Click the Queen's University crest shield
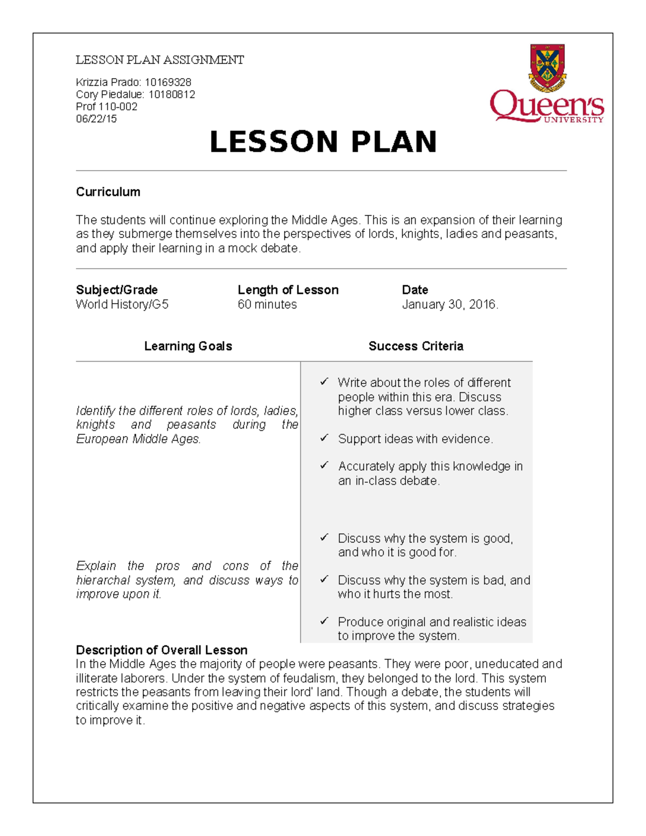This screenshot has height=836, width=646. click(547, 67)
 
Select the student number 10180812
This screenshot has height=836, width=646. click(172, 95)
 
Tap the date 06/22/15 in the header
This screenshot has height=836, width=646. click(96, 119)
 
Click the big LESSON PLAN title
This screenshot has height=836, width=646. click(323, 142)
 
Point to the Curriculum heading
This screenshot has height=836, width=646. click(108, 192)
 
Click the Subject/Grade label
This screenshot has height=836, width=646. click(117, 290)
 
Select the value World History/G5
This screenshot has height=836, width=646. click(122, 305)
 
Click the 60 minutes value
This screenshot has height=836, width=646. click(267, 305)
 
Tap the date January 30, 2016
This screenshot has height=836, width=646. click(450, 305)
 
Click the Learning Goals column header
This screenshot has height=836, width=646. click(188, 346)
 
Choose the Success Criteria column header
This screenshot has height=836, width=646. click(416, 346)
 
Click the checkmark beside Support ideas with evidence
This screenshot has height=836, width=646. click(324, 438)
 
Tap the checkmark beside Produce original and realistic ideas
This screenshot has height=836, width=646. click(324, 621)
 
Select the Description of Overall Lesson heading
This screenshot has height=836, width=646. click(161, 650)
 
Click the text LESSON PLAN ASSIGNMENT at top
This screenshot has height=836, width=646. click(160, 60)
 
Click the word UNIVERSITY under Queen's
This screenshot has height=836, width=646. click(573, 120)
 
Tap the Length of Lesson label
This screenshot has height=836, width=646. click(288, 290)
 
